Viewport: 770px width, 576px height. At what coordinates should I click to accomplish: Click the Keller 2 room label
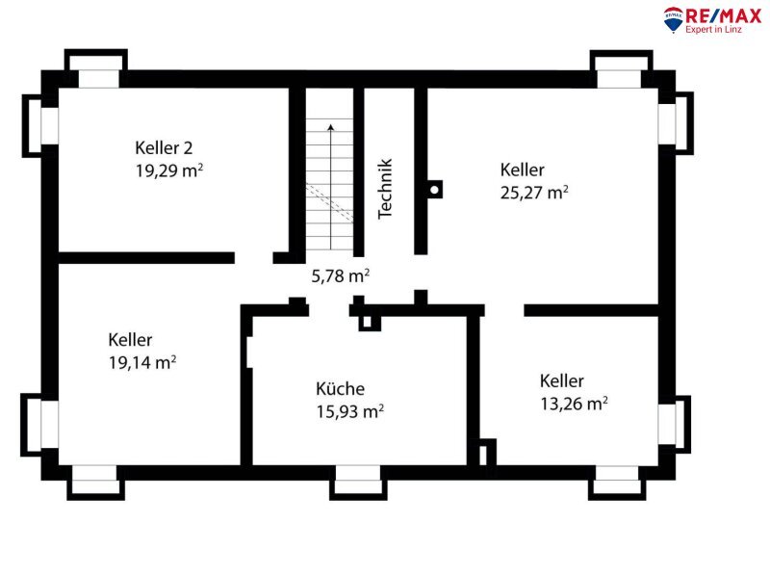(164, 147)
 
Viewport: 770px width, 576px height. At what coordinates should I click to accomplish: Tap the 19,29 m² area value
(169, 170)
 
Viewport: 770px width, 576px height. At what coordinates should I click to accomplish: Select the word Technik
(386, 189)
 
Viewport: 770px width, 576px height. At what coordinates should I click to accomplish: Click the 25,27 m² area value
(534, 193)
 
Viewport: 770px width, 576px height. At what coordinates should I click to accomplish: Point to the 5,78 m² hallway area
(341, 275)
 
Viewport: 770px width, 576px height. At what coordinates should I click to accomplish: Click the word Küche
(340, 388)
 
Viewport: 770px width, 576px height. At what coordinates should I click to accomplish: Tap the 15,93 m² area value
(349, 411)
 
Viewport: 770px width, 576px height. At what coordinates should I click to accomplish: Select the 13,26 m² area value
(574, 404)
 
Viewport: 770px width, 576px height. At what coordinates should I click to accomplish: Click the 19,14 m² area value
(142, 362)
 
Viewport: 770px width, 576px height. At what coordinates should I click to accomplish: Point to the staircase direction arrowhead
(331, 128)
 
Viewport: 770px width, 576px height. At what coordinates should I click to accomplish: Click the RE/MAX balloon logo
(673, 19)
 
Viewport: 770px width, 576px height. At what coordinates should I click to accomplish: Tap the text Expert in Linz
(713, 30)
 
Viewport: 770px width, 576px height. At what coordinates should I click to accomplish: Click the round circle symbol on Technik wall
(434, 190)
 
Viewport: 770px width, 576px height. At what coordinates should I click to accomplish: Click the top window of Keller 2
(97, 68)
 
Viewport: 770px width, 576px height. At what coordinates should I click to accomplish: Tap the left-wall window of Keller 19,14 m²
(39, 425)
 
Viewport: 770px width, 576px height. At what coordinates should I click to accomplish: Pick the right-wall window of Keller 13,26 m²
(675, 424)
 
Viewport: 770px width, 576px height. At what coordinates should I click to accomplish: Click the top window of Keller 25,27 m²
(621, 69)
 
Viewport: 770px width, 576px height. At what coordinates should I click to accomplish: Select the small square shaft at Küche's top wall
(367, 322)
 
